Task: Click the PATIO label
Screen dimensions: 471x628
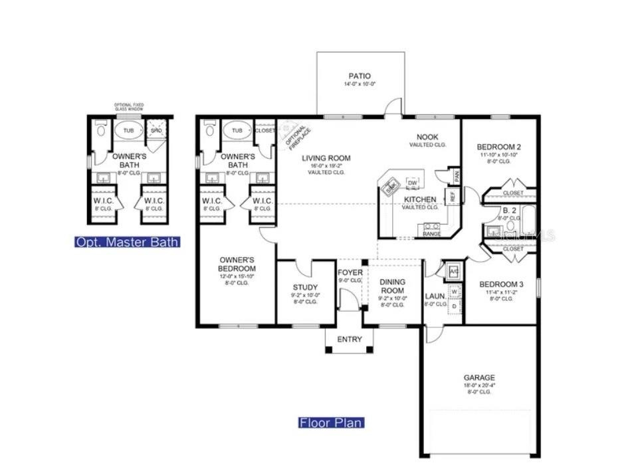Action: (360, 76)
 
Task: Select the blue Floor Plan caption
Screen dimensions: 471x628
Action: (331, 423)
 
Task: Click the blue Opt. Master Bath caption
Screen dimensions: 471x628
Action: (127, 242)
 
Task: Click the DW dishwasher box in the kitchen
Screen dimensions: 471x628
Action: (412, 183)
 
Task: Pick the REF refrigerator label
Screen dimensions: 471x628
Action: (453, 197)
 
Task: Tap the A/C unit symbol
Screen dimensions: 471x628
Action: (454, 271)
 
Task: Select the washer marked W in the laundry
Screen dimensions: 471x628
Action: (453, 291)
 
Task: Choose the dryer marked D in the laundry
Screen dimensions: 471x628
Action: (453, 307)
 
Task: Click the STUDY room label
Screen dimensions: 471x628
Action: (305, 288)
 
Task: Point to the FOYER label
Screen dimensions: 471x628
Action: (350, 272)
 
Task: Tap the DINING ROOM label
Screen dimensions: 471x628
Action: (392, 286)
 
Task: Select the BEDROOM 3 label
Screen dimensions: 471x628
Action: (501, 284)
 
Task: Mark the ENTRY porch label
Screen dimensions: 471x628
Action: (350, 339)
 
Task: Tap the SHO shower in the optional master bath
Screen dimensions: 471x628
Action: (156, 131)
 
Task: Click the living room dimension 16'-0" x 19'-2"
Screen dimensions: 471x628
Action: (326, 165)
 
